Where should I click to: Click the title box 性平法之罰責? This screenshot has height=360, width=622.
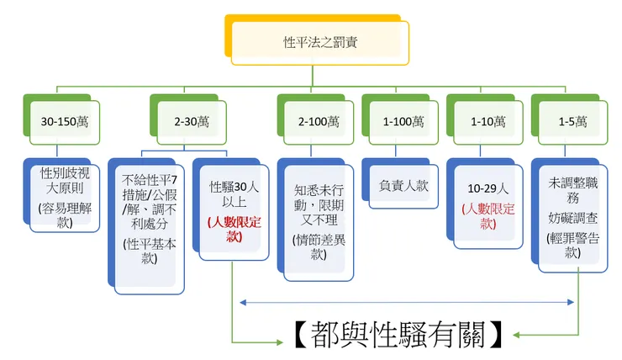pyautogui.click(x=319, y=42)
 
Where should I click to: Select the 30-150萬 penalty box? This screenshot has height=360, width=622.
pyautogui.click(x=65, y=121)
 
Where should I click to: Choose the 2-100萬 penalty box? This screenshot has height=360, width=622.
pyautogui.click(x=319, y=121)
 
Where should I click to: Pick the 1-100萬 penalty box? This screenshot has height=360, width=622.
pyautogui.click(x=403, y=121)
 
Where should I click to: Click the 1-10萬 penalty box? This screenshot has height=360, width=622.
pyautogui.click(x=488, y=121)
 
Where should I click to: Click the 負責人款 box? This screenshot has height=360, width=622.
pyautogui.click(x=403, y=186)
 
